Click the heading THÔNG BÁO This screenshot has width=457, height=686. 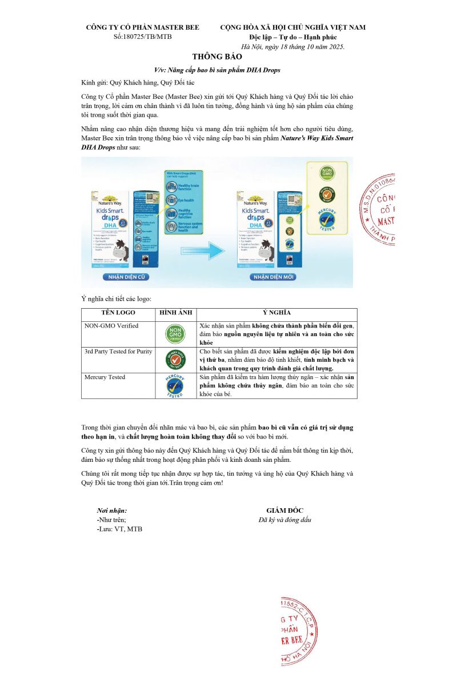(x=217, y=57)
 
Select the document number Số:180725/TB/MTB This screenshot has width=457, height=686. (x=142, y=37)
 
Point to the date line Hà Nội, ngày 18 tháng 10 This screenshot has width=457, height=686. (x=293, y=46)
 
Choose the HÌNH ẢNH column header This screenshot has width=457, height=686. (x=175, y=313)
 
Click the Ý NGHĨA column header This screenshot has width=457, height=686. (x=276, y=313)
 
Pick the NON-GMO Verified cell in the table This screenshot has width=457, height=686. (x=111, y=326)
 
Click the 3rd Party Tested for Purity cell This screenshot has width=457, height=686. (x=118, y=351)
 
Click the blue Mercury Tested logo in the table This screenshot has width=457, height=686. (x=175, y=386)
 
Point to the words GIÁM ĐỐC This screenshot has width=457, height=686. (x=284, y=510)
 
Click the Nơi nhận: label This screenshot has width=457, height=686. (x=112, y=510)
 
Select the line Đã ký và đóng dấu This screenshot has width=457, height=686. (x=284, y=520)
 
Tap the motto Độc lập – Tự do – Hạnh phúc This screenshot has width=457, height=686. (x=293, y=37)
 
